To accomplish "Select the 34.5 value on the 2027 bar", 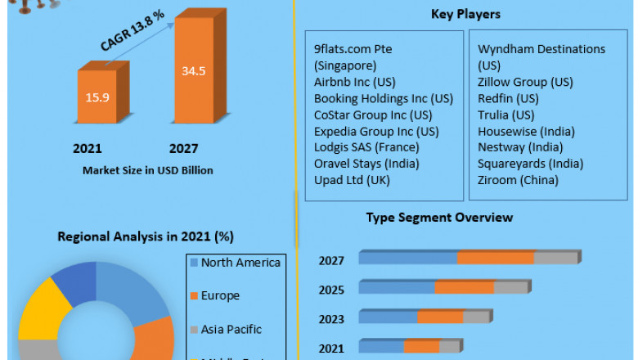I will pos(194,71).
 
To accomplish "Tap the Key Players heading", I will pos(465,14).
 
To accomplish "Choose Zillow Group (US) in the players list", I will pos(525,82).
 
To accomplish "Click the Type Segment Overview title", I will pos(439,218).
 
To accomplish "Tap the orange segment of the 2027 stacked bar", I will pos(496,258).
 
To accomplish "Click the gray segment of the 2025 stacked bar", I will pos(510,287).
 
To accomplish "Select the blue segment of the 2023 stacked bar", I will pos(388,317).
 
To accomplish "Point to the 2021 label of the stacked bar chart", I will pos(331,349).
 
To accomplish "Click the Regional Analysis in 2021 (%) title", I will pos(146,236).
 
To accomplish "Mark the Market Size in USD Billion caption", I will pos(148,170).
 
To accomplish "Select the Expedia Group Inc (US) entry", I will pos(376,131).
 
